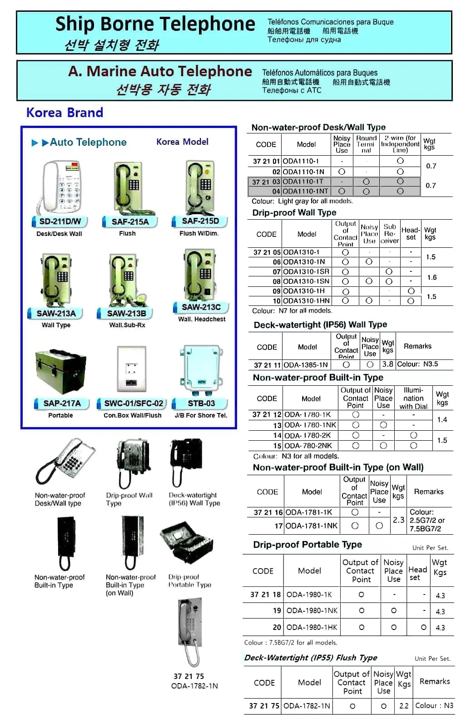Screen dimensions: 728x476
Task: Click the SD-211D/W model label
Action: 60,221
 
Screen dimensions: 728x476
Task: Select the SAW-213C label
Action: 201,307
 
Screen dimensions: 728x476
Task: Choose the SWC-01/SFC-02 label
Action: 134,403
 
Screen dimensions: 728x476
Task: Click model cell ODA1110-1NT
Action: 306,192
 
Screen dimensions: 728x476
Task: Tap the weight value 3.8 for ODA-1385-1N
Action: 387,364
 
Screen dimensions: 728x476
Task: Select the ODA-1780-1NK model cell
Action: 311,425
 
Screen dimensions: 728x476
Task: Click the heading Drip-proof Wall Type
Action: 294,212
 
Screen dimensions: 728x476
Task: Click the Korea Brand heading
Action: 64,113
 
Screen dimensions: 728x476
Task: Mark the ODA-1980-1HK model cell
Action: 312,627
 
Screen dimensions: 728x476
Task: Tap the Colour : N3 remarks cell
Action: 434,705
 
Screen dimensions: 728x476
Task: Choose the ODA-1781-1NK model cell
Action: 312,526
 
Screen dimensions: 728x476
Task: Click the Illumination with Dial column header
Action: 413,398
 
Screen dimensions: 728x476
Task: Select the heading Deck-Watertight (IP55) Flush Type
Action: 311,658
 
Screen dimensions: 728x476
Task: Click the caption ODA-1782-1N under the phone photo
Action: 194,686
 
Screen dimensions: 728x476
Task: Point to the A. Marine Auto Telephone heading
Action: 160,71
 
